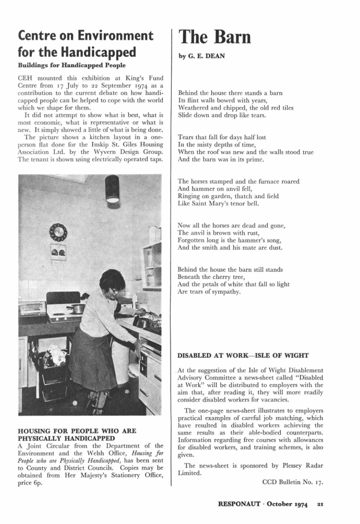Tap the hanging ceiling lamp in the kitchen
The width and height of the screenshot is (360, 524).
pyautogui.click(x=112, y=189)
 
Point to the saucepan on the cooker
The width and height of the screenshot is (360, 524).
pyautogui.click(x=76, y=308)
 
